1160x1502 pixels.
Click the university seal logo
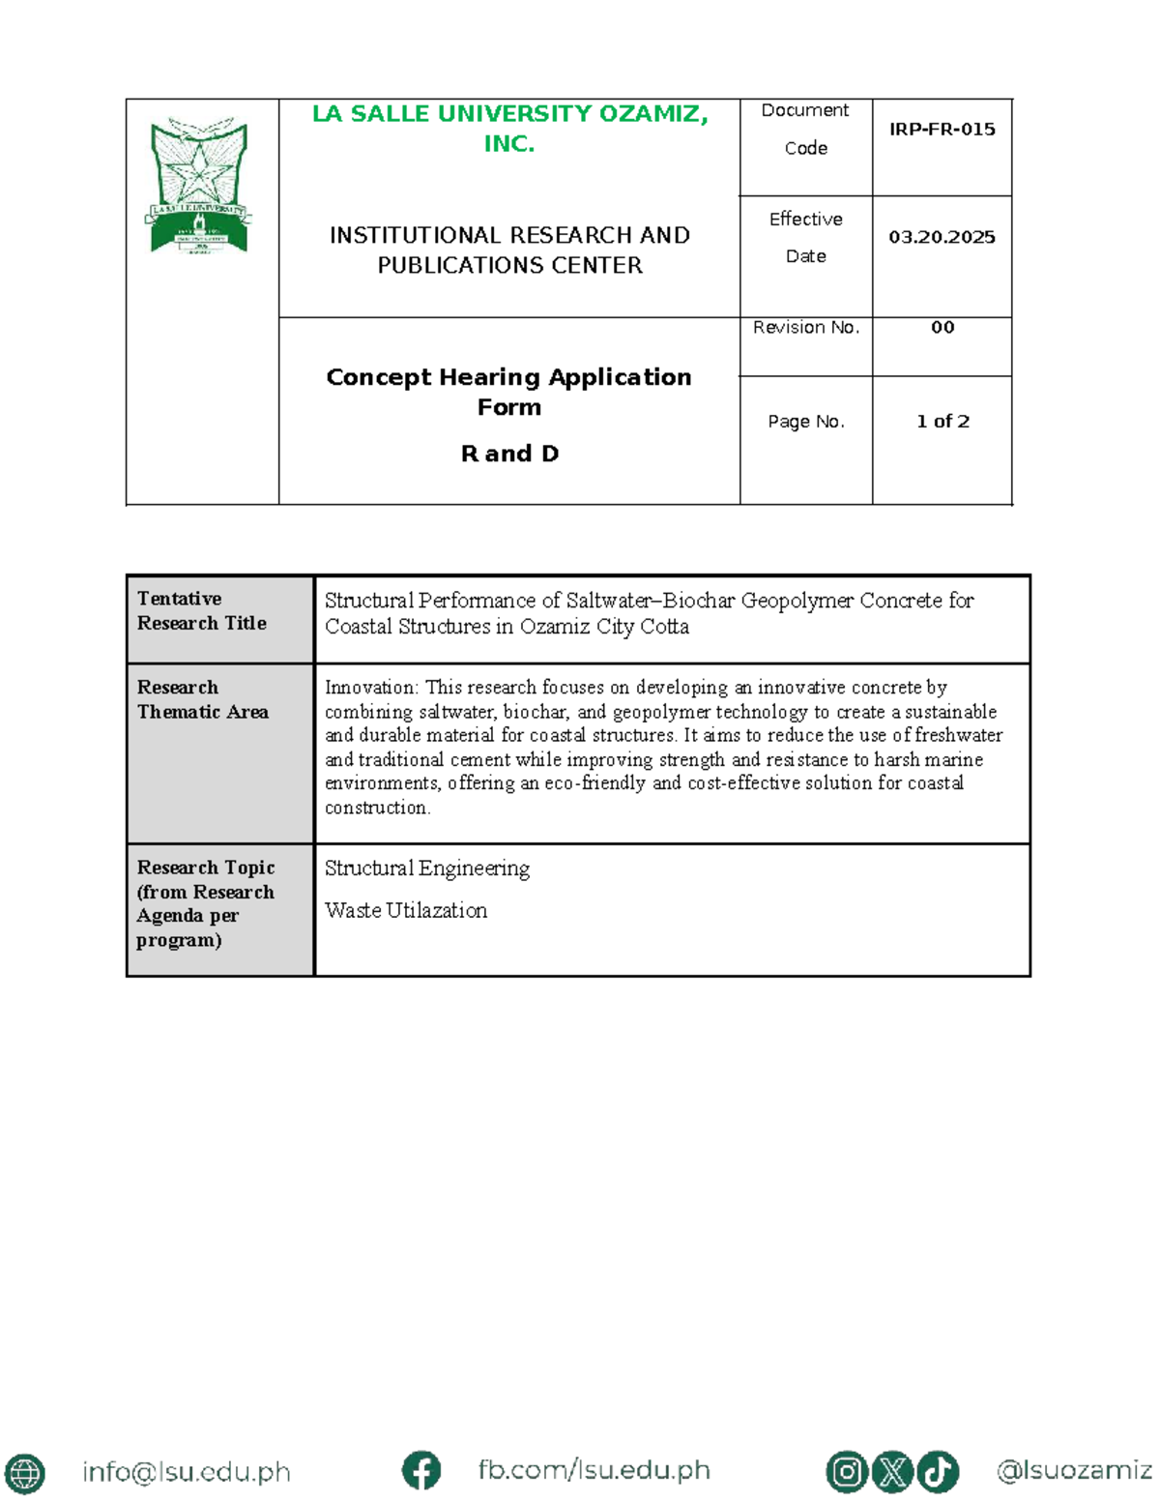pyautogui.click(x=199, y=186)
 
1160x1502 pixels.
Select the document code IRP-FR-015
pyautogui.click(x=942, y=130)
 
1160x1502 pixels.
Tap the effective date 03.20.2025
pyautogui.click(x=942, y=237)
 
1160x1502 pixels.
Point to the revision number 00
pyautogui.click(x=942, y=328)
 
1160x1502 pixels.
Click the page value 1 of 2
pyautogui.click(x=942, y=422)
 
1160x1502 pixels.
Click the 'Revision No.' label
pyautogui.click(x=806, y=328)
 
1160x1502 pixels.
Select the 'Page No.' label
pyautogui.click(x=806, y=422)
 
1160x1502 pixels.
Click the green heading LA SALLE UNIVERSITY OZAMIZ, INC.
pyautogui.click(x=509, y=129)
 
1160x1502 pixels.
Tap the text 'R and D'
pyautogui.click(x=509, y=454)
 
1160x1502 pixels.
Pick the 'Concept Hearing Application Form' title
pyautogui.click(x=509, y=392)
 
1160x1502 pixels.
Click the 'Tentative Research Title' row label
pyautogui.click(x=201, y=611)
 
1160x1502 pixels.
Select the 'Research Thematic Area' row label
pyautogui.click(x=202, y=699)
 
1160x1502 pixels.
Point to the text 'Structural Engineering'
pyautogui.click(x=427, y=869)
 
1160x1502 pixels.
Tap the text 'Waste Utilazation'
pyautogui.click(x=406, y=911)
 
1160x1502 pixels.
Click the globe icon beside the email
pyautogui.click(x=24, y=1473)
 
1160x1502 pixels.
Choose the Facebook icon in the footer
pyautogui.click(x=421, y=1471)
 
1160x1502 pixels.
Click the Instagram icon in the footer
pyautogui.click(x=847, y=1472)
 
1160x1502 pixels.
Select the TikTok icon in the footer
pyautogui.click(x=937, y=1472)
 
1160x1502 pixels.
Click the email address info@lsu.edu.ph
pyautogui.click(x=187, y=1472)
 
